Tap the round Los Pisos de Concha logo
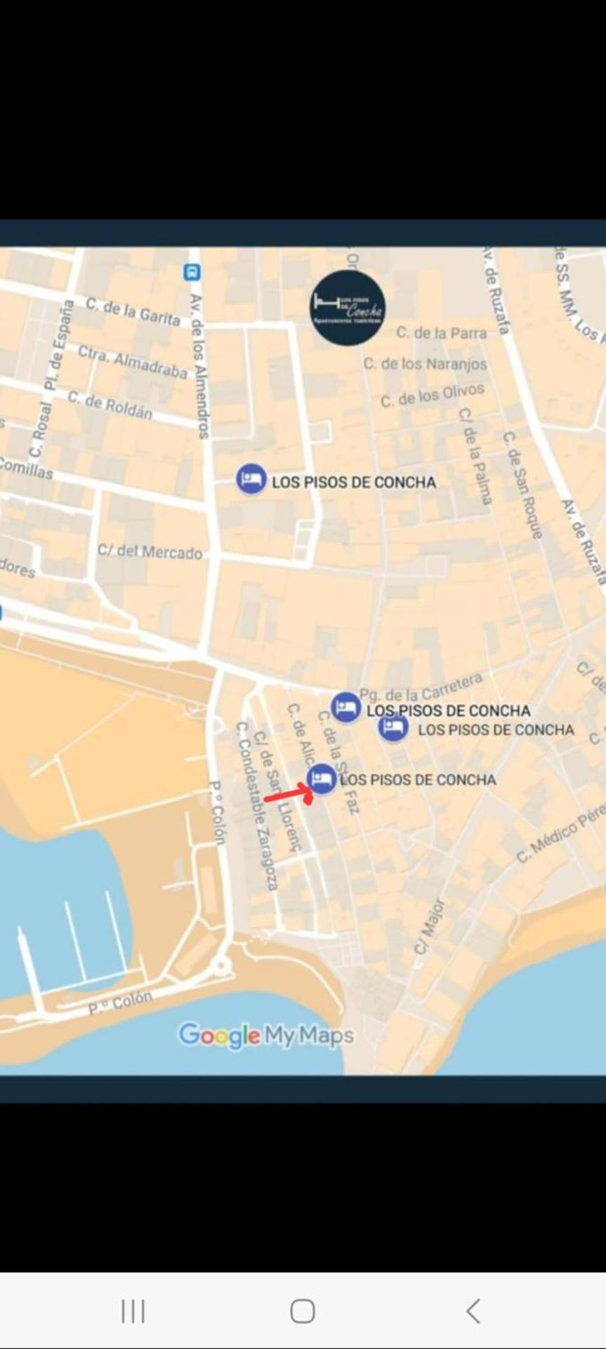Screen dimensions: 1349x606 [348, 308]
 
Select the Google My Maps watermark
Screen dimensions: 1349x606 [265, 1035]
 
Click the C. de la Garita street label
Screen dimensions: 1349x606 [133, 311]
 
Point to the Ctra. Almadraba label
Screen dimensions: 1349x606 [132, 360]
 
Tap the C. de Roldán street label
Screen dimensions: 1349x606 [110, 405]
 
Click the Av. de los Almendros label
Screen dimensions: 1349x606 [200, 366]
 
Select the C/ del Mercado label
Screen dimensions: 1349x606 [150, 551]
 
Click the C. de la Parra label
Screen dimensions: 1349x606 [441, 332]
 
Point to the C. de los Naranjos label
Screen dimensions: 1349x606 [425, 363]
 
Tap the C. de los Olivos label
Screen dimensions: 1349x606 [432, 395]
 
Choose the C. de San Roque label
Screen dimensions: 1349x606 [523, 485]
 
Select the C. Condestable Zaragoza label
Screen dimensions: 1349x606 [257, 805]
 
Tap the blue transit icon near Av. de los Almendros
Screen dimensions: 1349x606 [192, 272]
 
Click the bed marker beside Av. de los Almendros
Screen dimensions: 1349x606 [251, 479]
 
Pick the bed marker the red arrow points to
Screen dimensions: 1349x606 [322, 778]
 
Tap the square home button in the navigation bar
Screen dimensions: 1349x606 [303, 1310]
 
